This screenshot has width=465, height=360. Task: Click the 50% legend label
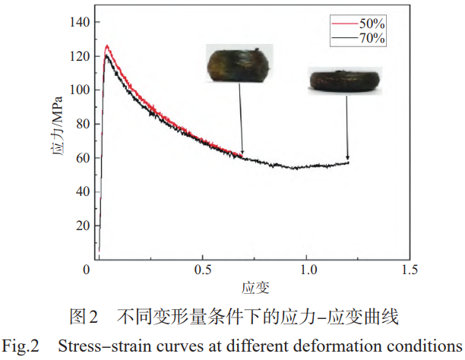coord(372,24)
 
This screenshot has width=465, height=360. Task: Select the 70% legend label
coord(372,38)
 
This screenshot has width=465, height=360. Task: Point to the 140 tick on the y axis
coord(80,22)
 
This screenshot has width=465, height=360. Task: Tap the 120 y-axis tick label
coord(80,56)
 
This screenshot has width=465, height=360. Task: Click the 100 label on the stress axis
coord(80,90)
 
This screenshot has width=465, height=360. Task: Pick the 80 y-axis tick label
coord(83,124)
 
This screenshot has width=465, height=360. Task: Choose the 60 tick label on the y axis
coord(83,158)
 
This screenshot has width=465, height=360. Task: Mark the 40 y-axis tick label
coord(83,192)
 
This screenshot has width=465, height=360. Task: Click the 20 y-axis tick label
coord(83,226)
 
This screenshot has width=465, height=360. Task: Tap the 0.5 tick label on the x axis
coord(203,270)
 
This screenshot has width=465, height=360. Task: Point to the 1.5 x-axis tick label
coord(410,270)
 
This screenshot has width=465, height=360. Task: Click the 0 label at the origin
coord(87,270)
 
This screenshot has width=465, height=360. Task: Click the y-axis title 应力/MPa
coord(57,126)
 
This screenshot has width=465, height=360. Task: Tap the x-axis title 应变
coord(255,288)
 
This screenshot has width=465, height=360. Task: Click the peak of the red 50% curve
coord(107,46)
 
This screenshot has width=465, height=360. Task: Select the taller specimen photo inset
coord(239,63)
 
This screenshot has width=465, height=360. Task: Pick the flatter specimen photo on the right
coord(345,81)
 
